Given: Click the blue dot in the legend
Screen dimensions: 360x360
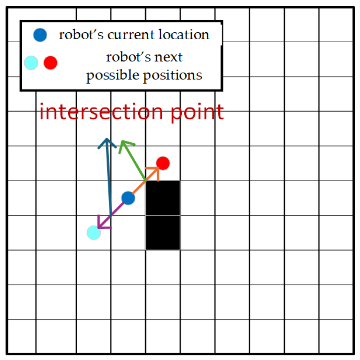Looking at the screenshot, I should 40,35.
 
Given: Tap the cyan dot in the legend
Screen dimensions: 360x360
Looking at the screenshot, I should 31,63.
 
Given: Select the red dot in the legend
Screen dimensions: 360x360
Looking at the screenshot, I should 50,63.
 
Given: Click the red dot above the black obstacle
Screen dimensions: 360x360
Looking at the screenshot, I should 163,163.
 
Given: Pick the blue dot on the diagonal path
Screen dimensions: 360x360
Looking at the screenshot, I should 128,198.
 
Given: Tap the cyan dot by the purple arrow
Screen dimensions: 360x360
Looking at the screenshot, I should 93,233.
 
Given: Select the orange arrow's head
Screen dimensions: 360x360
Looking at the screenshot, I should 156,171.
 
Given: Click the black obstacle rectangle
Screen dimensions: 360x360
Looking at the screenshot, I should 163,215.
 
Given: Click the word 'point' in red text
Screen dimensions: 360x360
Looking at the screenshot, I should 197,112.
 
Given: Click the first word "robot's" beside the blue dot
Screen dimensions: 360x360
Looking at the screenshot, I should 77,35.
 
